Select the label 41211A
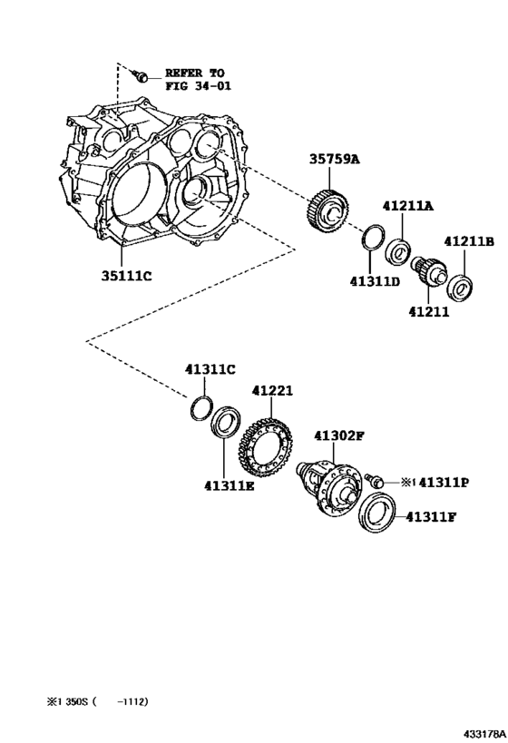point(407,207)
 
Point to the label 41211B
point(468,241)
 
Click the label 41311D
point(376,282)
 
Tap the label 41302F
point(338,436)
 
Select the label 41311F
point(430,518)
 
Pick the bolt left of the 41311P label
point(374,478)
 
